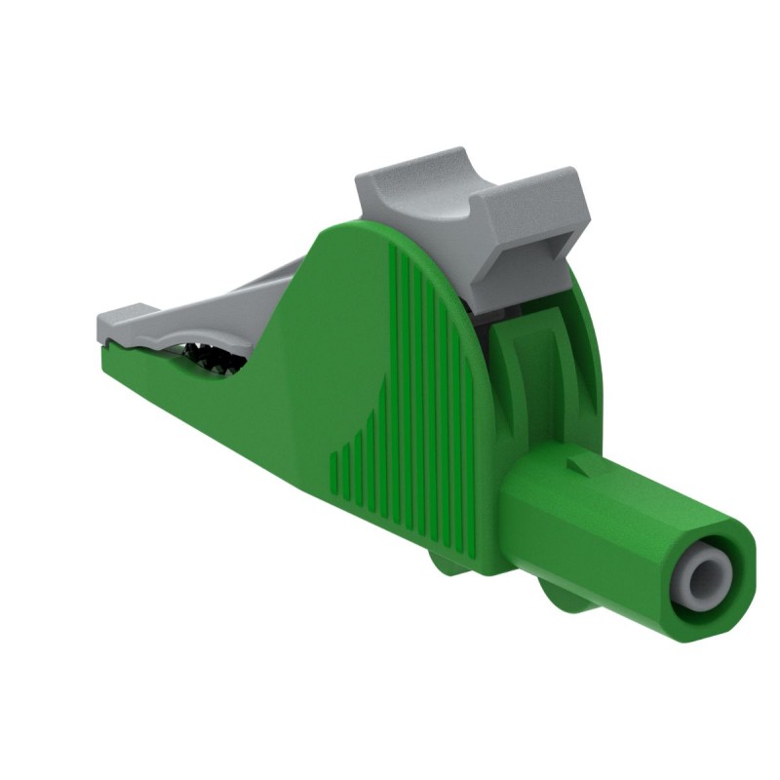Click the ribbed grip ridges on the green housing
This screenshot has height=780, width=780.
(x=419, y=390)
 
